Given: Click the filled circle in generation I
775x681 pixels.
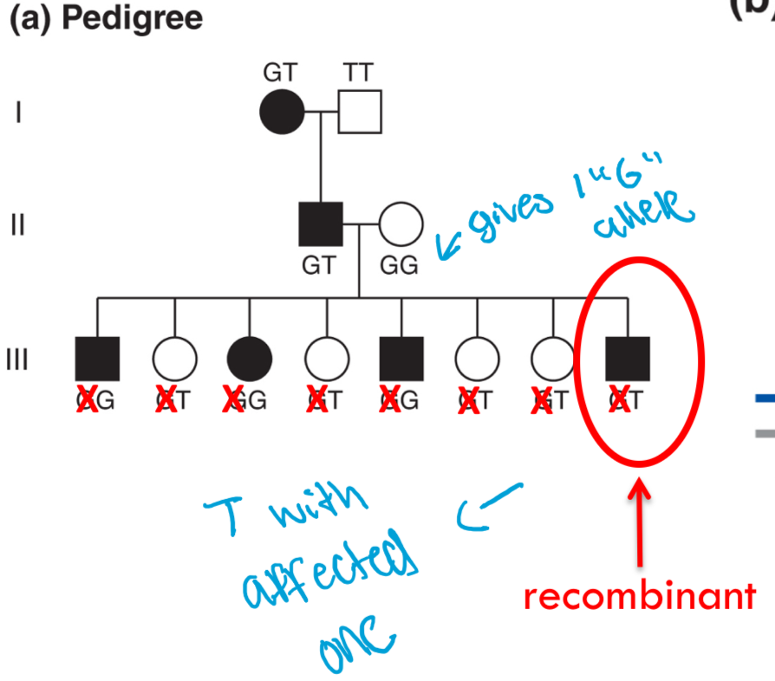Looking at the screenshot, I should pos(282,111).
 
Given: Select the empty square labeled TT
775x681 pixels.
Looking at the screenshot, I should pos(359,111).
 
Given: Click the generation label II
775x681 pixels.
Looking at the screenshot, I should pos(17,224).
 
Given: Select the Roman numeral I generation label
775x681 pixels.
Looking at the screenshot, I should pos(17,113).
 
